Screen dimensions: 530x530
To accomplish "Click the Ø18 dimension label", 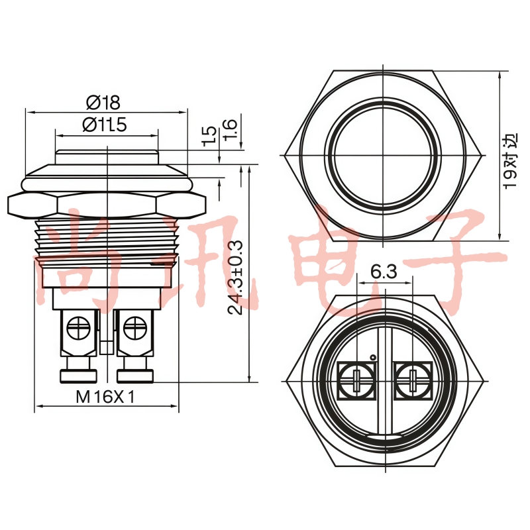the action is pyautogui.click(x=103, y=103).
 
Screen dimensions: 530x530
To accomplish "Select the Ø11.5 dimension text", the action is pyautogui.click(x=105, y=125).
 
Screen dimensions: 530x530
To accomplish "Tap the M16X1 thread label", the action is pyautogui.click(x=105, y=396).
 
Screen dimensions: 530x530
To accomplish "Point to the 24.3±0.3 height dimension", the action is pyautogui.click(x=235, y=277).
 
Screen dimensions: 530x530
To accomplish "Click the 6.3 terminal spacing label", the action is pyautogui.click(x=384, y=272).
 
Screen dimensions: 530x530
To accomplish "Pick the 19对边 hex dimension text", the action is pyautogui.click(x=510, y=160).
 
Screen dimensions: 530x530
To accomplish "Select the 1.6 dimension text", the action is pyautogui.click(x=229, y=129).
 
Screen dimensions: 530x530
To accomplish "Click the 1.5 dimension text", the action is pyautogui.click(x=209, y=136).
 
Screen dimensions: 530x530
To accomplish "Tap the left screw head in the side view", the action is pyautogui.click(x=78, y=327).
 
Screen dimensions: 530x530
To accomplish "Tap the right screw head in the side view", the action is pyautogui.click(x=135, y=327).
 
